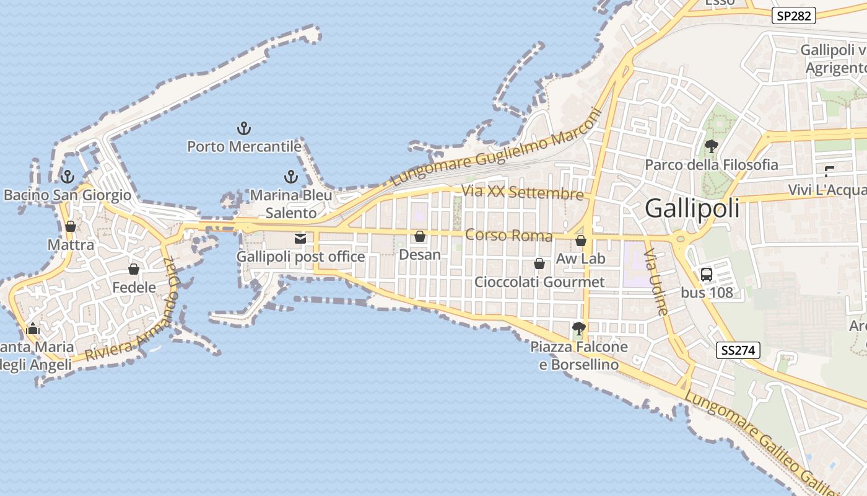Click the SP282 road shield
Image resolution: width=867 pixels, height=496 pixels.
click(x=793, y=16)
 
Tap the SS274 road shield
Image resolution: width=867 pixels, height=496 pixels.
click(x=738, y=350)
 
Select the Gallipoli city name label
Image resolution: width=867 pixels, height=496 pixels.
click(x=692, y=208)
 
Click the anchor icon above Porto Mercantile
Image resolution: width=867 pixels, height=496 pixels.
click(x=244, y=129)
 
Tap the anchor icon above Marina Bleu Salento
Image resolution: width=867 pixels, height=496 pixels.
click(x=290, y=177)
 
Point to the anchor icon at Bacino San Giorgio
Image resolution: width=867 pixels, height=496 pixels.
click(x=68, y=177)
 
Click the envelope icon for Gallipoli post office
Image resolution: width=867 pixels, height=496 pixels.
click(x=300, y=239)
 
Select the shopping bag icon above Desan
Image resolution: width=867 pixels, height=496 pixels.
click(x=420, y=236)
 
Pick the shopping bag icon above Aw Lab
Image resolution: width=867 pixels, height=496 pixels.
click(x=581, y=241)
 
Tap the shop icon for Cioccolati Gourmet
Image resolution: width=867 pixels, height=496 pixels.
click(x=539, y=263)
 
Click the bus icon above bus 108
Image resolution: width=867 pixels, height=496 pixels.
click(x=707, y=274)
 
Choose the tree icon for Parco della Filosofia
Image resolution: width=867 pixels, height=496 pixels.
click(x=712, y=146)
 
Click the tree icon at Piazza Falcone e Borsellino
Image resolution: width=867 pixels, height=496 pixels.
click(x=579, y=328)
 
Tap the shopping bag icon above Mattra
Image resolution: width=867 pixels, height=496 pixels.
click(x=71, y=226)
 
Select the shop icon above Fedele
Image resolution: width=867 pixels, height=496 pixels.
click(x=134, y=269)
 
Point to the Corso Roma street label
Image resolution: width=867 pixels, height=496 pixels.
click(x=508, y=235)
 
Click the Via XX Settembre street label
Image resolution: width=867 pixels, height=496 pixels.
click(x=523, y=192)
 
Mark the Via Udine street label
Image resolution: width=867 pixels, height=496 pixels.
click(x=656, y=282)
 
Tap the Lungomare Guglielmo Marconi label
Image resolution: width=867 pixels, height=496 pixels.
click(x=496, y=149)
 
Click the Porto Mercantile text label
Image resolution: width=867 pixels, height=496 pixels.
click(x=244, y=147)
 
